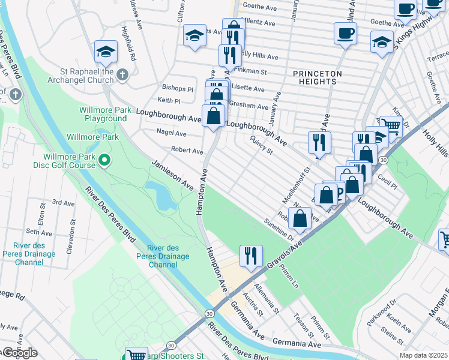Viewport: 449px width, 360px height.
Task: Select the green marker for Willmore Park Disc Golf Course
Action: click(x=104, y=160)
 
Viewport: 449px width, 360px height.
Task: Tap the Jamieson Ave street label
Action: click(x=172, y=175)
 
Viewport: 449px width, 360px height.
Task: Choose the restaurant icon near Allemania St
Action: click(x=250, y=256)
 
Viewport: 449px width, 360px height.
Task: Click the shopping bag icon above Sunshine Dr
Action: click(x=300, y=219)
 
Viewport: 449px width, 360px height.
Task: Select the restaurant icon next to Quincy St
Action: click(x=319, y=143)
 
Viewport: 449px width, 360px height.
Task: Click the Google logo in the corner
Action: click(x=19, y=352)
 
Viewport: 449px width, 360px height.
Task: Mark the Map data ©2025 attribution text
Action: click(x=423, y=355)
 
